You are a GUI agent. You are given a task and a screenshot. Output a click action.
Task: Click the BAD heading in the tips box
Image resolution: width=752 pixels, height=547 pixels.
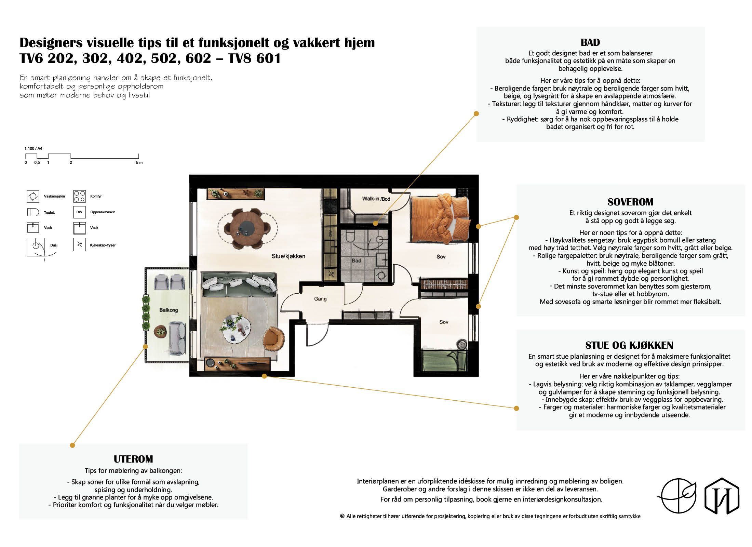(590, 42)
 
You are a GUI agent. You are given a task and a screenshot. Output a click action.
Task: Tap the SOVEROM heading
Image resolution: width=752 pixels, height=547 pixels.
(630, 202)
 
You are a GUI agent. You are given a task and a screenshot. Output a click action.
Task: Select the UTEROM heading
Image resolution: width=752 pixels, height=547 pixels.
(133, 459)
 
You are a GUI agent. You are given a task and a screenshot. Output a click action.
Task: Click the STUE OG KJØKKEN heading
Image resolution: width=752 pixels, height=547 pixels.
(629, 345)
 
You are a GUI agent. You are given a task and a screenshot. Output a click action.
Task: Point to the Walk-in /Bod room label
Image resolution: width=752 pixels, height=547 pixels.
(376, 199)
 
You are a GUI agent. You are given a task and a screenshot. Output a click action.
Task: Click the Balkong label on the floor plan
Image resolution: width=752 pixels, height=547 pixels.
(169, 310)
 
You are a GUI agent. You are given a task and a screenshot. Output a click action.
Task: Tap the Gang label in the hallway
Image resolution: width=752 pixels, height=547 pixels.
(320, 299)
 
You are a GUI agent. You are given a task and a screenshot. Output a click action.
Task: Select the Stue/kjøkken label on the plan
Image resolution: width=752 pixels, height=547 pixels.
(288, 256)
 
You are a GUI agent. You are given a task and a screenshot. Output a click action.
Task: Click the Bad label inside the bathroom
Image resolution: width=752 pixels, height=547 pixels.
(356, 261)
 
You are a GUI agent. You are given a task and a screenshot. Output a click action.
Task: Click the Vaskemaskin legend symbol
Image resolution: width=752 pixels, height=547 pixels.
(33, 196)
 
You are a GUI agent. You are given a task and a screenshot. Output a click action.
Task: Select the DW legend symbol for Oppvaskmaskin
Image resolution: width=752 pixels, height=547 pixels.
(79, 212)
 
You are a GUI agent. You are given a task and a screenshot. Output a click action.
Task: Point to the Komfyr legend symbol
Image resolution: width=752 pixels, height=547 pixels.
(79, 196)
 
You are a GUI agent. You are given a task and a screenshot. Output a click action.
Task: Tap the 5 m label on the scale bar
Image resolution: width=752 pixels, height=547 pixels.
(139, 163)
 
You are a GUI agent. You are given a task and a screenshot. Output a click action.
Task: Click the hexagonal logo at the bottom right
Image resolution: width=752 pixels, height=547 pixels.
(722, 496)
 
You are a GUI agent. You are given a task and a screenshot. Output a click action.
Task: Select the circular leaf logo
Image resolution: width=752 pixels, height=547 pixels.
(678, 496)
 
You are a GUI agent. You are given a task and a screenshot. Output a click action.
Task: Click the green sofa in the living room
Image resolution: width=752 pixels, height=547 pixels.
(239, 284)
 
